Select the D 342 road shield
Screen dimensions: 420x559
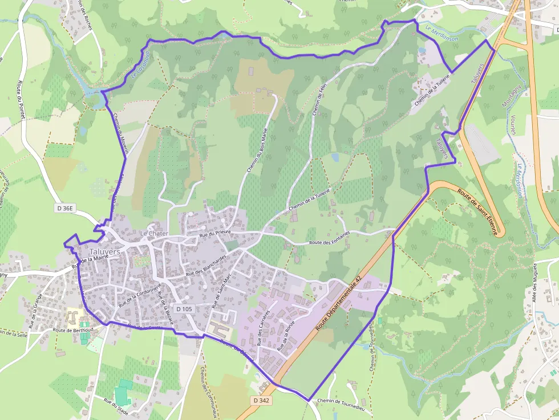[261, 401]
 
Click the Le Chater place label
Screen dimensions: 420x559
[154, 234]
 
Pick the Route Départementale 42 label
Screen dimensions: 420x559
[339, 303]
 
